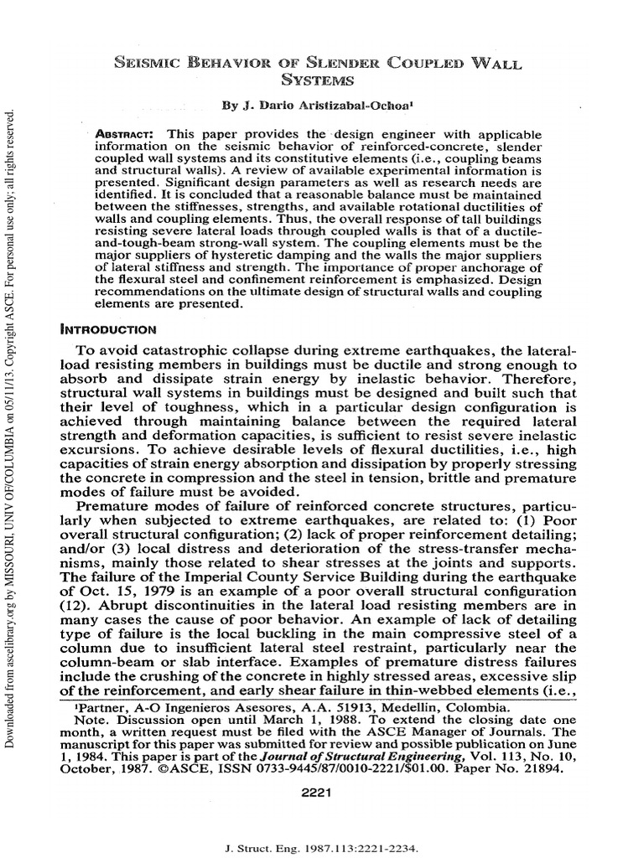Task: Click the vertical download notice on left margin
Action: (x=10, y=419)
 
